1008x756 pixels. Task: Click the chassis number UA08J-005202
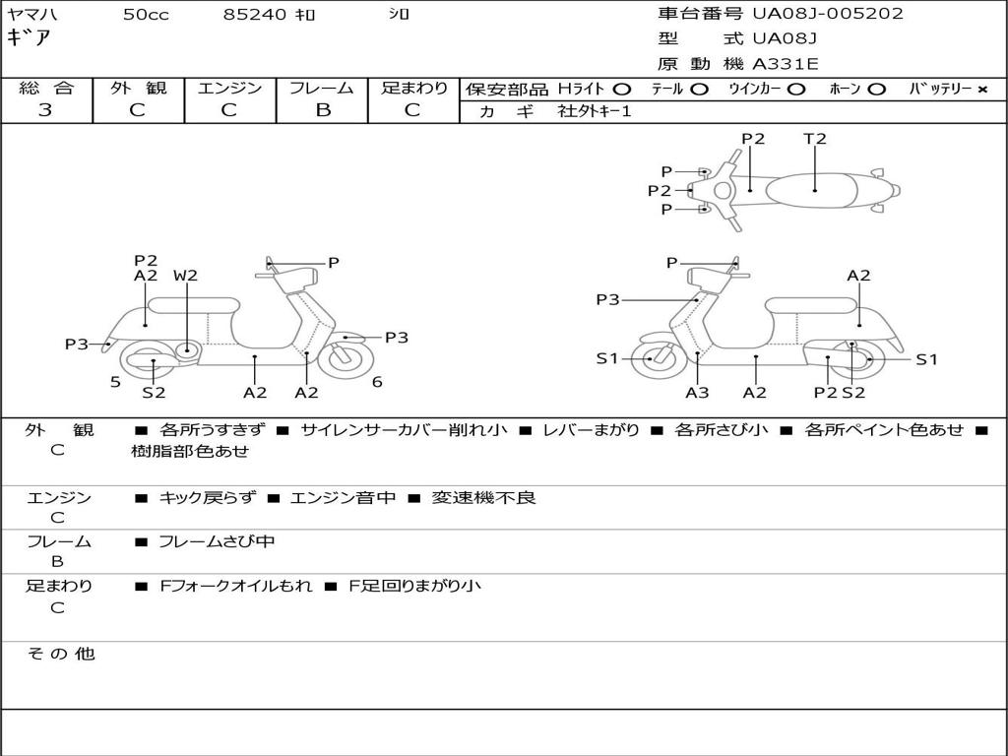pos(827,14)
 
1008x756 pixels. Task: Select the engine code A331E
pos(786,64)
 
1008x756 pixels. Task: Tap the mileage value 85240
pos(255,15)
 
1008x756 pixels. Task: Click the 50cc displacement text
pos(146,15)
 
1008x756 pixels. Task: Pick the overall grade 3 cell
pos(45,110)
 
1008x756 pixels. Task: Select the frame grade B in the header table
pos(322,110)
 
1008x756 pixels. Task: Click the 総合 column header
pos(46,88)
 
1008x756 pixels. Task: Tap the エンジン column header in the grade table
pos(229,88)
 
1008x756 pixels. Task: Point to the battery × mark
pos(981,89)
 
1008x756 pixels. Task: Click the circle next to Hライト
pos(621,89)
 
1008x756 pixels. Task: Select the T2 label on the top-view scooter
pos(815,139)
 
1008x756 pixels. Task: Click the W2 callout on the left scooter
pos(185,276)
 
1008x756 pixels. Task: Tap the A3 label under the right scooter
pos(697,393)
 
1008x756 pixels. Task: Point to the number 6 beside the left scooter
pos(377,382)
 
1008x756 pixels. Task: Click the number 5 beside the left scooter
pos(115,382)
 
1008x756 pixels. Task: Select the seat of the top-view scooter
pos(815,189)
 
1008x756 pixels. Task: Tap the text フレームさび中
pos(217,541)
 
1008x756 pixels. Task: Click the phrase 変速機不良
pos(483,498)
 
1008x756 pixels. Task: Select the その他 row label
pos(60,654)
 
